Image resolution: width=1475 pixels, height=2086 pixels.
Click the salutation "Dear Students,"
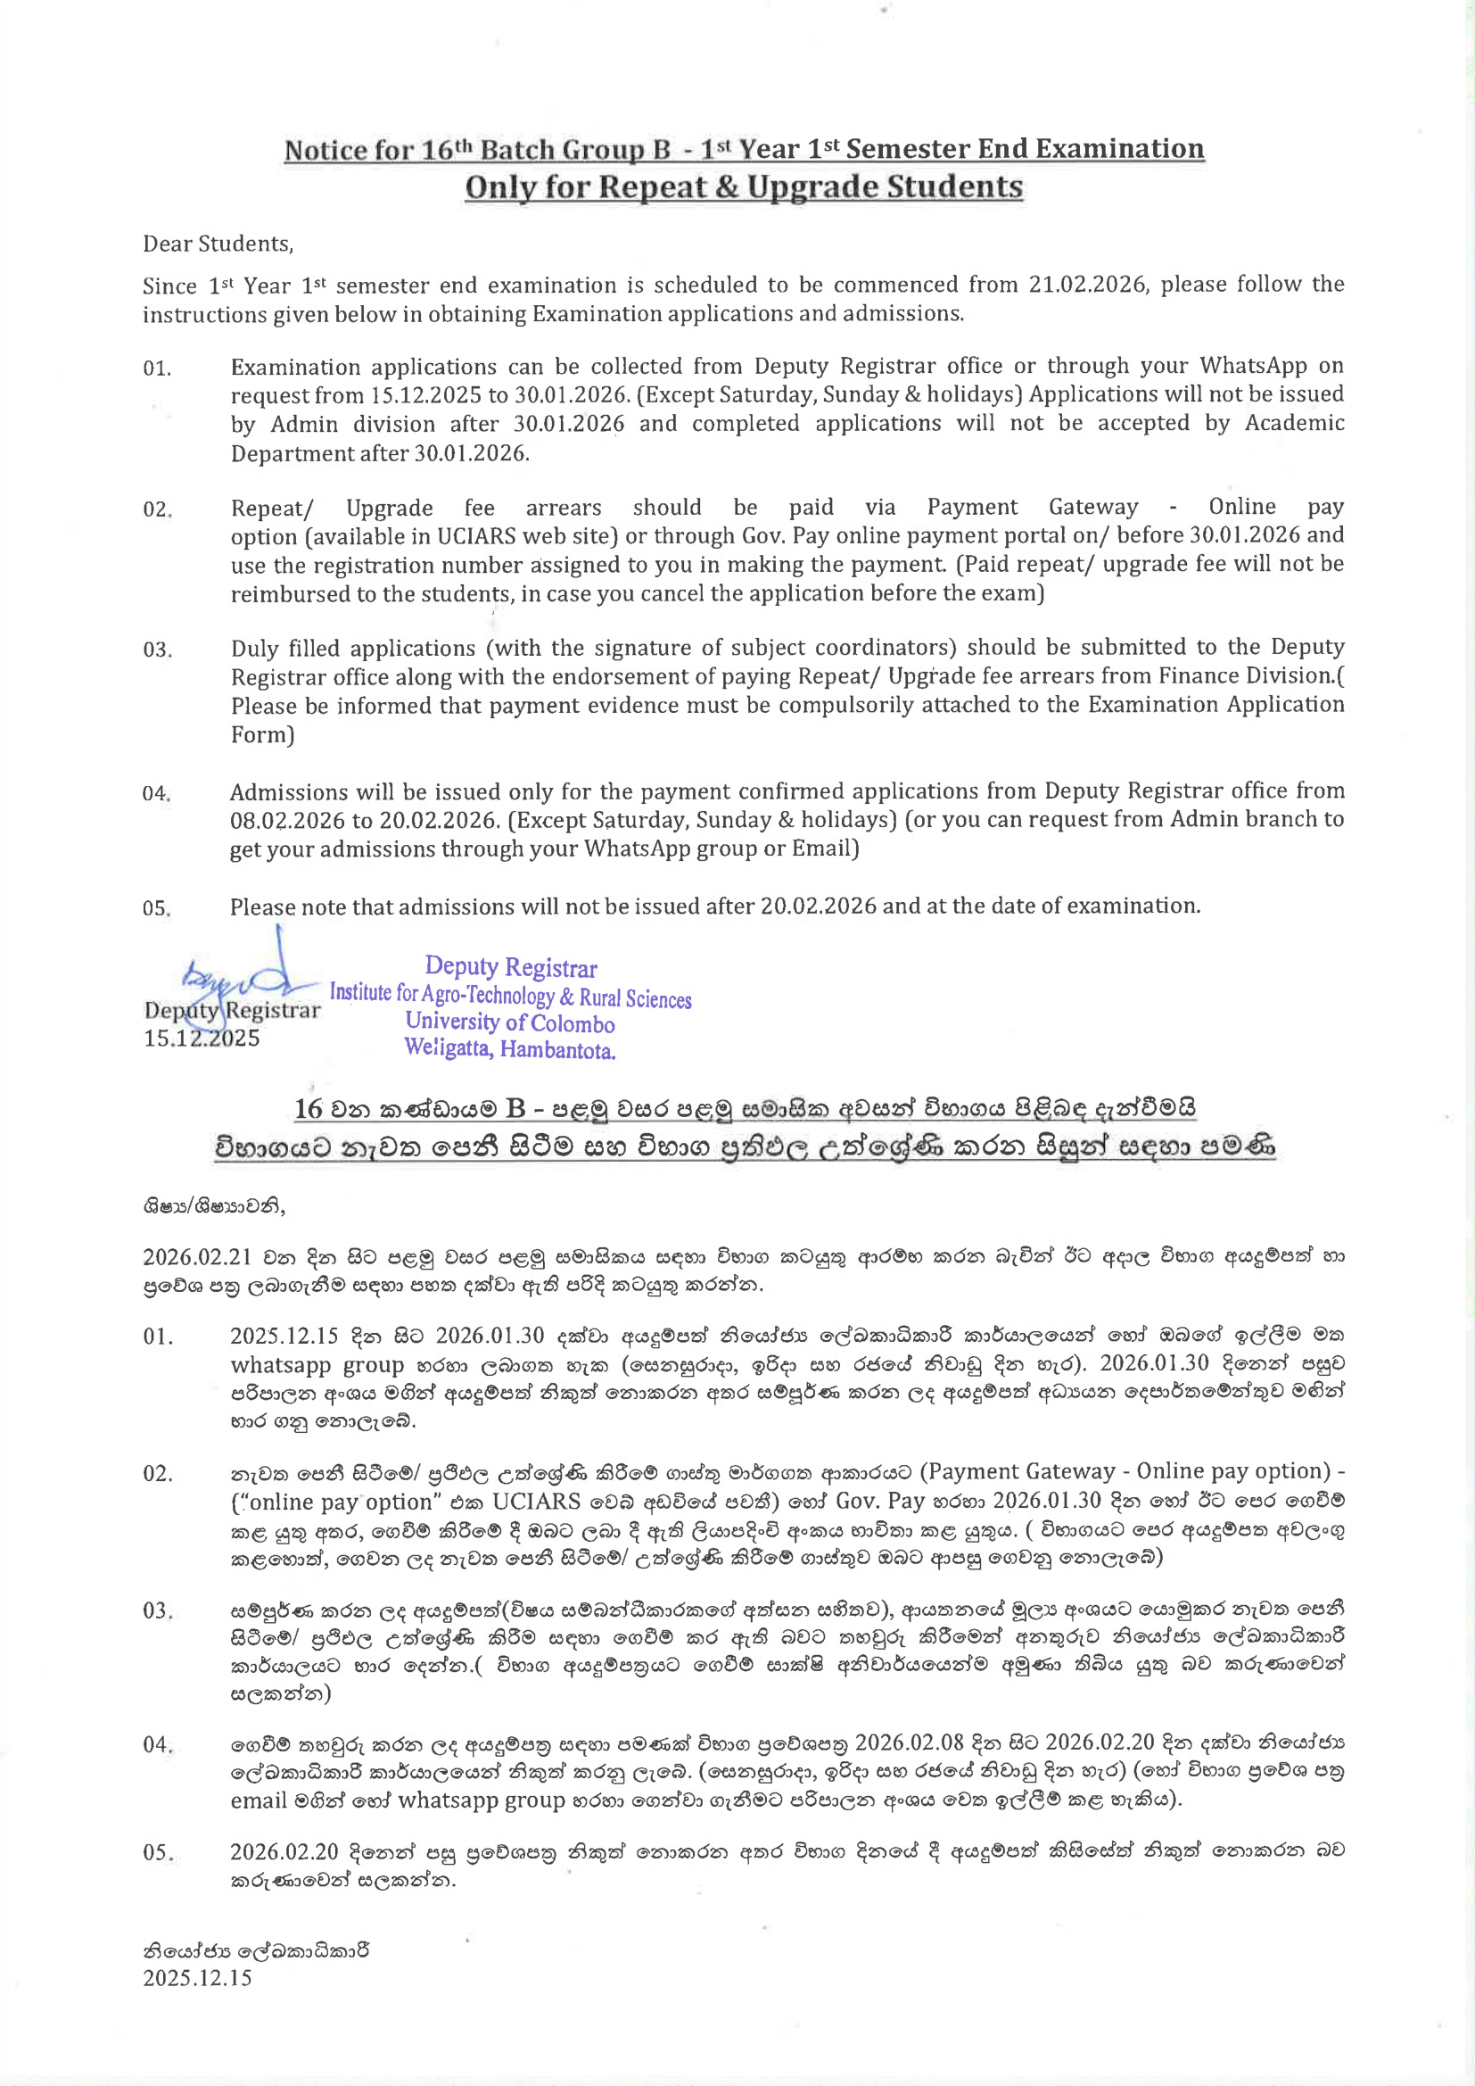218,244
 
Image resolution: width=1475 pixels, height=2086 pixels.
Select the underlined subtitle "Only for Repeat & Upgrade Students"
743,187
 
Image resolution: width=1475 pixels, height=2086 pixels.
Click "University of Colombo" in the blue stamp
509,1023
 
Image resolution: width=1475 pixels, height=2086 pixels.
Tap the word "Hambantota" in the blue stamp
556,1050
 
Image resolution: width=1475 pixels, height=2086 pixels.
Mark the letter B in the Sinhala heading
515,1108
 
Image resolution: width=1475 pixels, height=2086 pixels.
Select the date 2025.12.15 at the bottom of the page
197,1978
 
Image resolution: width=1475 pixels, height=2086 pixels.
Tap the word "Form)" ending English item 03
262,734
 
